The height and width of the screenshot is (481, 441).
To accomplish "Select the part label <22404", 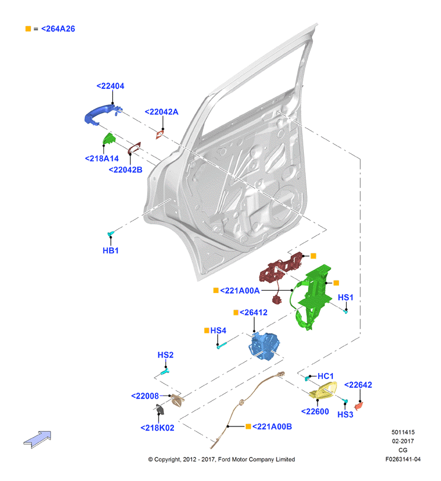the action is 110,86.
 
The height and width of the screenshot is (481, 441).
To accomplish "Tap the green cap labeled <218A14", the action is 109,139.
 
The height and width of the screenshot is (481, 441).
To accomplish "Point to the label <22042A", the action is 161,112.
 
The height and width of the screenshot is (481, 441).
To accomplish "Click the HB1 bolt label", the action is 110,251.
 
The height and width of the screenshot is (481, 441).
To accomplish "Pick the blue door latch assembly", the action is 264,346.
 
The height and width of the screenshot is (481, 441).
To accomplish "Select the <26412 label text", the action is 253,313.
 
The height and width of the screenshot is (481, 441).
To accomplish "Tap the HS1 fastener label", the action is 345,298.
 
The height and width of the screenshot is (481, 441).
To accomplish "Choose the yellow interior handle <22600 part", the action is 323,390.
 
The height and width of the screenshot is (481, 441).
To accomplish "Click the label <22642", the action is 358,385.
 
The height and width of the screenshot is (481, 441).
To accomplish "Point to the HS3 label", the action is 345,415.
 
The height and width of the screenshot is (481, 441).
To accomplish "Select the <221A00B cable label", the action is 272,426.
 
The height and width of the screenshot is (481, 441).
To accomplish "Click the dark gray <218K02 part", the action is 160,409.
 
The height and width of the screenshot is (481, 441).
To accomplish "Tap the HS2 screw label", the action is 166,355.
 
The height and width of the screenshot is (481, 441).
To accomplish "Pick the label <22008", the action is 145,396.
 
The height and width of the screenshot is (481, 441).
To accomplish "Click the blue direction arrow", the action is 37,439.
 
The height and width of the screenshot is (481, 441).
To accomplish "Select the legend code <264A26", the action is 58,29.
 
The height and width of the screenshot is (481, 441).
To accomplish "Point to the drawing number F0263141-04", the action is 403,459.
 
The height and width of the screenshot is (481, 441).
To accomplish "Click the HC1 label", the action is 326,376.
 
